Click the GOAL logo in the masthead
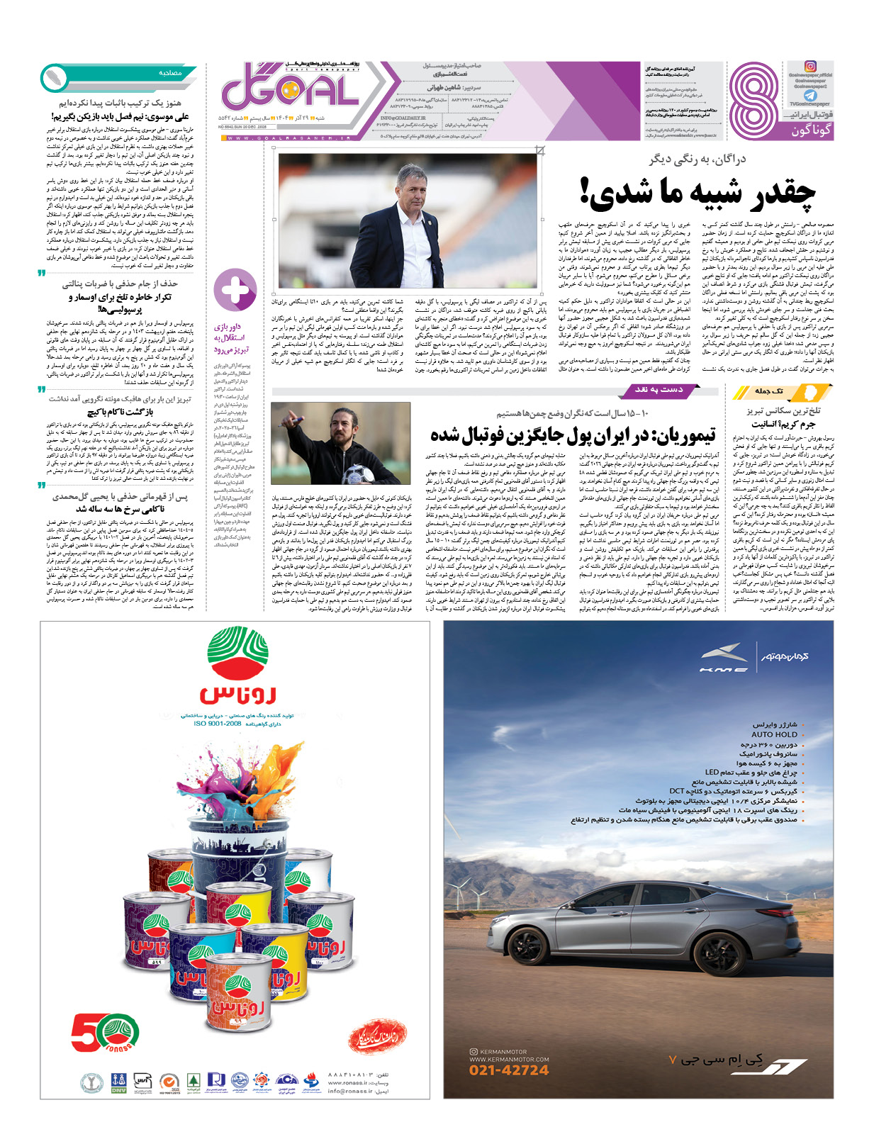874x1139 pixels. [291, 88]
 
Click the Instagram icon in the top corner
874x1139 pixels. [810, 67]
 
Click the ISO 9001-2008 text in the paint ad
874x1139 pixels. [218, 724]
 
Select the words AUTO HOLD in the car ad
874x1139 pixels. [774, 734]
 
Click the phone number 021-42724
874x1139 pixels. [509, 1070]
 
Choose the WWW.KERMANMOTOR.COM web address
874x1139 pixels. [509, 1059]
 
